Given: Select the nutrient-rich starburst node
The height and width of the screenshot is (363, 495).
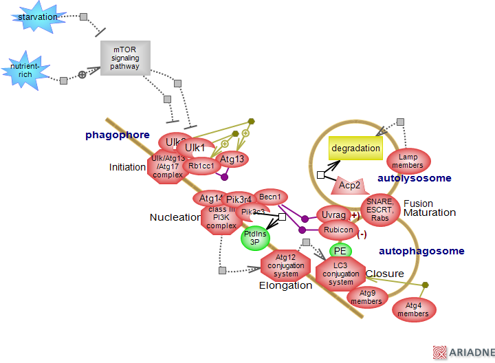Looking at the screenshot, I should coord(25,69).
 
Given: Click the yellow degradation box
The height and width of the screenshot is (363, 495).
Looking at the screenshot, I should coord(355,148).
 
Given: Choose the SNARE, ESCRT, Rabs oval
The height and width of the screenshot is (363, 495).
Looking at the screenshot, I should coord(379,209).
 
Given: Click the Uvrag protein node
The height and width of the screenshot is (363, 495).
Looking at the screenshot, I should coord(334,215).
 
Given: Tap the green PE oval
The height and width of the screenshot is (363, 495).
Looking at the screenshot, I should coord(340,251).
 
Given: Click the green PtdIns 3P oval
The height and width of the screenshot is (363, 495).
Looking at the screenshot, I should coord(255,238).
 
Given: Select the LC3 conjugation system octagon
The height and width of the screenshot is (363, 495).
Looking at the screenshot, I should coord(341,272).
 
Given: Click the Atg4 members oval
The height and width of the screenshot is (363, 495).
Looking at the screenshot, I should coord(412,310).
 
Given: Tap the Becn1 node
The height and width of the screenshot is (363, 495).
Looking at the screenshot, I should coord(270,197).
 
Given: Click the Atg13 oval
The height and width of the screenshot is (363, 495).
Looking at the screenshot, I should coord(232,159).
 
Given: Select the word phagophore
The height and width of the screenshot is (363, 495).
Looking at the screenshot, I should coord(117,135).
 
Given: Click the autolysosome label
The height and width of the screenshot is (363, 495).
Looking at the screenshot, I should coord(415,178).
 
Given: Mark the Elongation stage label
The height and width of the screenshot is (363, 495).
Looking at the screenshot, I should coord(285,285).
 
